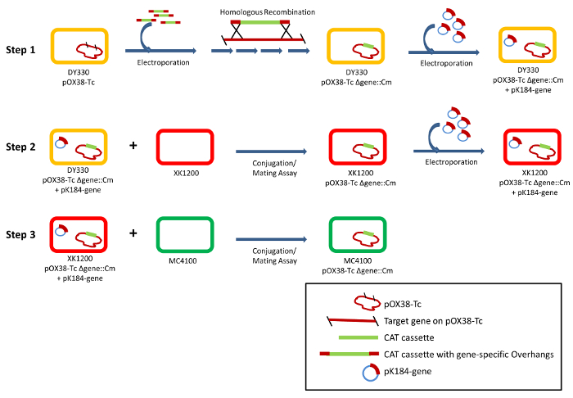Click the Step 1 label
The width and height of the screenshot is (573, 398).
coord(20,50)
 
